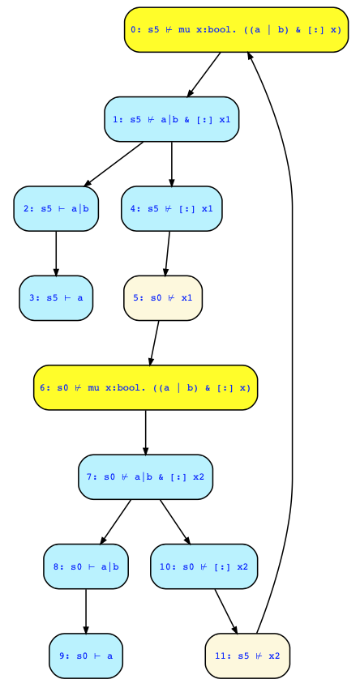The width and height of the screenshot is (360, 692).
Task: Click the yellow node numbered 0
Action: pos(236,29)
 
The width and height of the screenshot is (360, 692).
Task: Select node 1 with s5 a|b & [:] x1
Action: pos(172,119)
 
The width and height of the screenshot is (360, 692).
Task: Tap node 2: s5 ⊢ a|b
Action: pos(56,209)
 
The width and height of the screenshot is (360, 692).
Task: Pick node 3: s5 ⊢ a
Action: pos(56,298)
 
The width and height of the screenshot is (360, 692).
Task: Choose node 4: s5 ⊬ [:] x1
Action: pos(172,209)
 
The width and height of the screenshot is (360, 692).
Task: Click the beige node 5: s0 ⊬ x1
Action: pos(163,298)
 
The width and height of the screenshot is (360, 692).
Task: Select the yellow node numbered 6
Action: pos(145,387)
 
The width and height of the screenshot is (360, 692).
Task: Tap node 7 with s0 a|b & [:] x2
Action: pos(145,477)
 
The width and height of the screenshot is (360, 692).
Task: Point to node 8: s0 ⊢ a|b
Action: pos(86,566)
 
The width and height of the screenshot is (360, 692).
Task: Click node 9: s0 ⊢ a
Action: pos(86,656)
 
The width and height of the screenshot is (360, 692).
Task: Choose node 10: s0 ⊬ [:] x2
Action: pos(204,566)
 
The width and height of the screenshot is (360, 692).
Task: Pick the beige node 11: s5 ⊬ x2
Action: pos(247,656)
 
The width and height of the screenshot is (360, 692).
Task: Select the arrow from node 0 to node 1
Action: pos(204,75)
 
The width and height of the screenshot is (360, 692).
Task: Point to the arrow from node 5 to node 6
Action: pos(154,343)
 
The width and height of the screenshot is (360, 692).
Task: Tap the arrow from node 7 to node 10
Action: pos(175,522)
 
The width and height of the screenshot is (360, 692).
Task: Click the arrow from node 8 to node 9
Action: pos(86,611)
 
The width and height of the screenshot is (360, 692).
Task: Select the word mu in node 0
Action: pos(185,30)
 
